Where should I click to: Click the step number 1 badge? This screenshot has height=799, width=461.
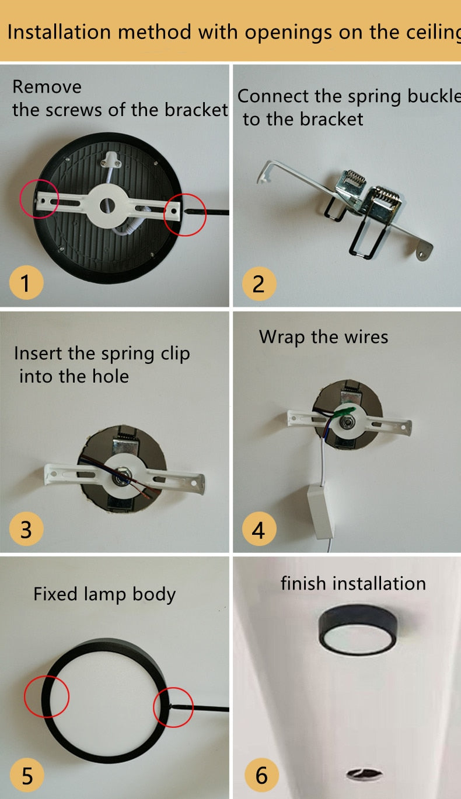pos(26,283)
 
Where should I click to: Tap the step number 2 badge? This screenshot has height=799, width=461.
pos(259,283)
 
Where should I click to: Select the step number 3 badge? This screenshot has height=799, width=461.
pos(26,530)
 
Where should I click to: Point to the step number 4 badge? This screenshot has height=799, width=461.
pos(259,530)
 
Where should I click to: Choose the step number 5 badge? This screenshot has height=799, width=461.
pos(27,776)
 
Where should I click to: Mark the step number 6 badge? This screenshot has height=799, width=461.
pos(261,776)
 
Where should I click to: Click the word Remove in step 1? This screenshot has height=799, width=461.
pos(47,87)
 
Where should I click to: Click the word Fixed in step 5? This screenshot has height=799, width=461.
pos(55,594)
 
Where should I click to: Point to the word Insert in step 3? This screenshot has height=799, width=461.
pos(40,353)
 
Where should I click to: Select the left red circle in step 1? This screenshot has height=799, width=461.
pos(39,198)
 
